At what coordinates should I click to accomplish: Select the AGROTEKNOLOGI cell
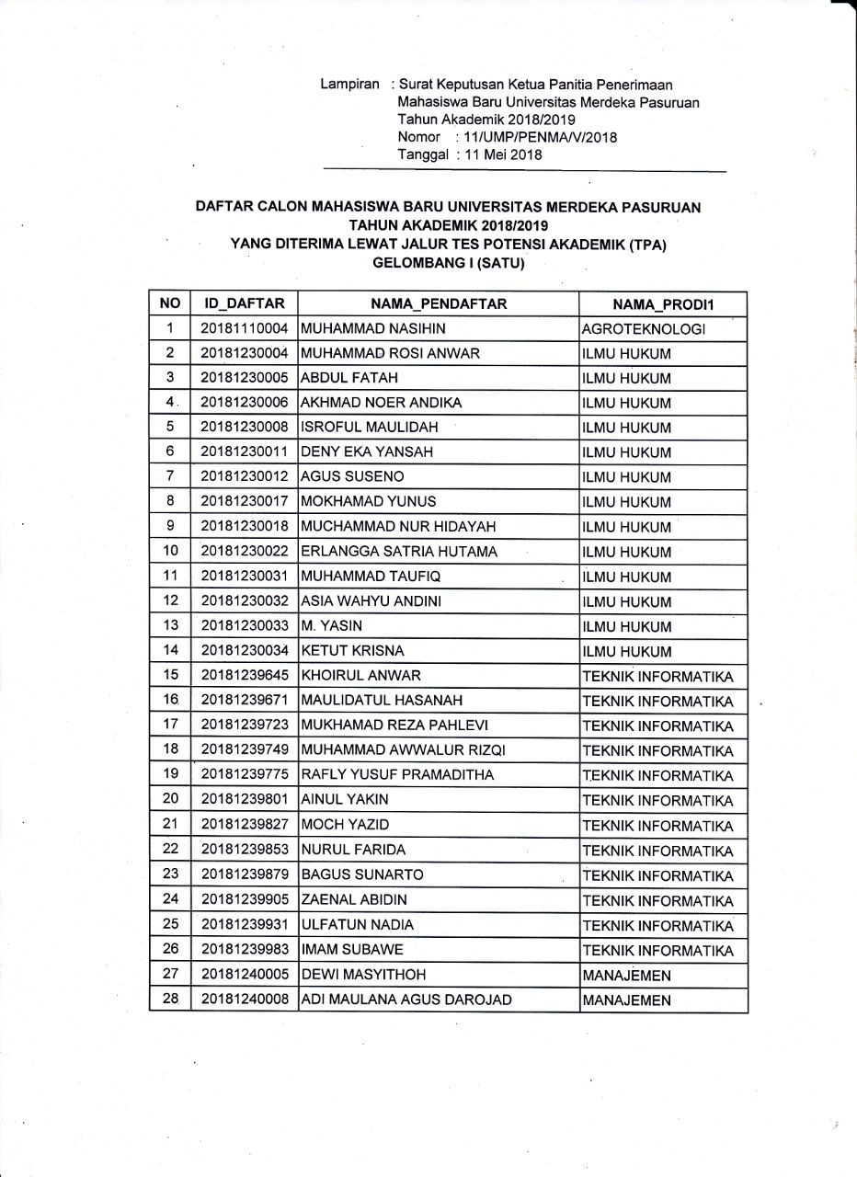pos(644,329)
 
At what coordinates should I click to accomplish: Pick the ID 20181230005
pos(245,378)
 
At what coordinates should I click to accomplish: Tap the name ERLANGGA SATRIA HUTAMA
pos(399,552)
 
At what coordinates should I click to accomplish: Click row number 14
pos(170,651)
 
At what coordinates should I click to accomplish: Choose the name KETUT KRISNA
pos(352,651)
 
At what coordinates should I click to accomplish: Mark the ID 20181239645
pos(245,676)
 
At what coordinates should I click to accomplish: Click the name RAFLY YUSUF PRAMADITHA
pos(397,775)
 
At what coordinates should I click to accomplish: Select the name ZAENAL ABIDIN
pos(354,899)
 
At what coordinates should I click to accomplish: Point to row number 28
pos(170,999)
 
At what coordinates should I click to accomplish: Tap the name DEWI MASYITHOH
pos(363,974)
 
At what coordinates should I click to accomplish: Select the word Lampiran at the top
pos(350,85)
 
